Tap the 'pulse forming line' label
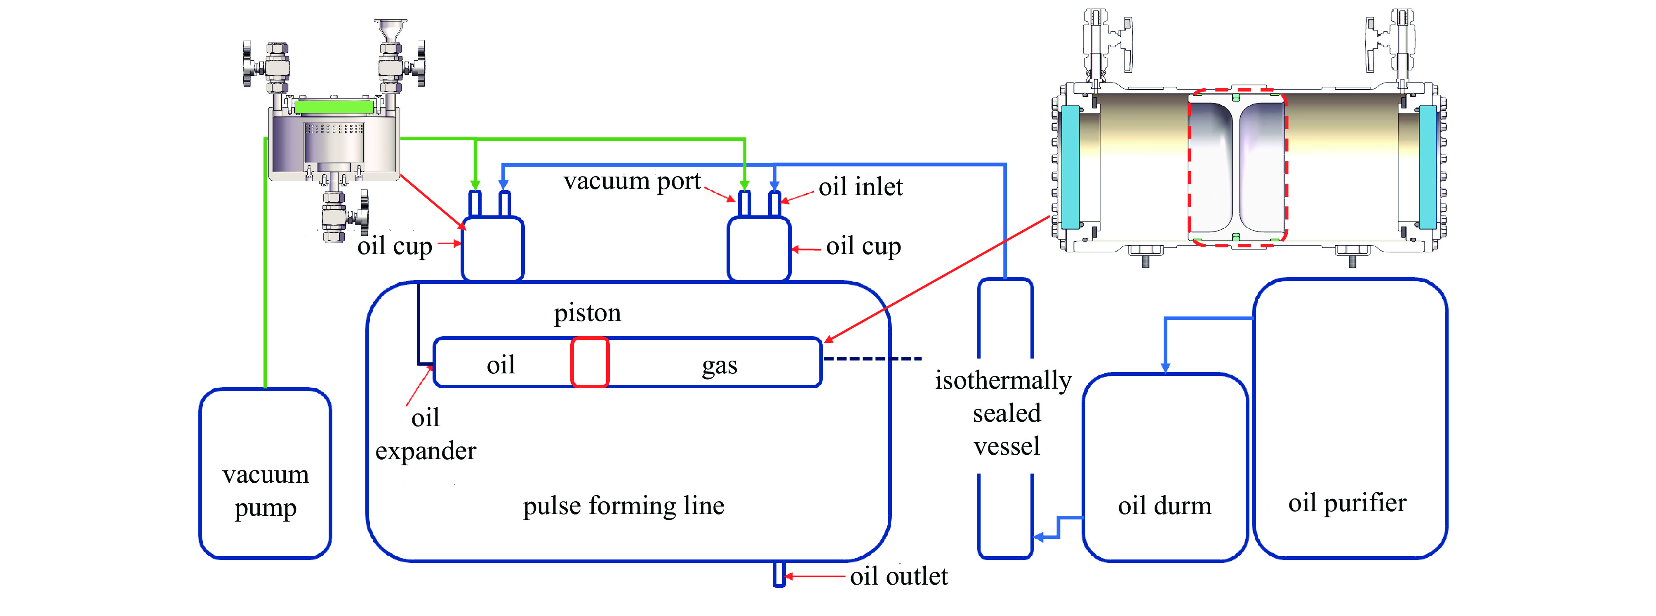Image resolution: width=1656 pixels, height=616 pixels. pyautogui.click(x=623, y=506)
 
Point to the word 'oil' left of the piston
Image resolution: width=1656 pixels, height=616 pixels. pyautogui.click(x=500, y=365)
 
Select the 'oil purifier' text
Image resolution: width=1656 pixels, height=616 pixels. pyautogui.click(x=1347, y=503)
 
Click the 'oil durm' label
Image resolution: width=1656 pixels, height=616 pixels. pyautogui.click(x=1164, y=506)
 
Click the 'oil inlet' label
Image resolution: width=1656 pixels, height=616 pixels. pyautogui.click(x=860, y=187)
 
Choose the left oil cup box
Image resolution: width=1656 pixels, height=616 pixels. pyautogui.click(x=492, y=250)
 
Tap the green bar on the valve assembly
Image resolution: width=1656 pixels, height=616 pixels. pyautogui.click(x=334, y=107)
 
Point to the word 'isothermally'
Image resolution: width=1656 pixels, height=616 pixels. pyautogui.click(x=1003, y=380)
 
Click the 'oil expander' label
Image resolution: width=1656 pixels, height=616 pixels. pyautogui.click(x=426, y=435)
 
